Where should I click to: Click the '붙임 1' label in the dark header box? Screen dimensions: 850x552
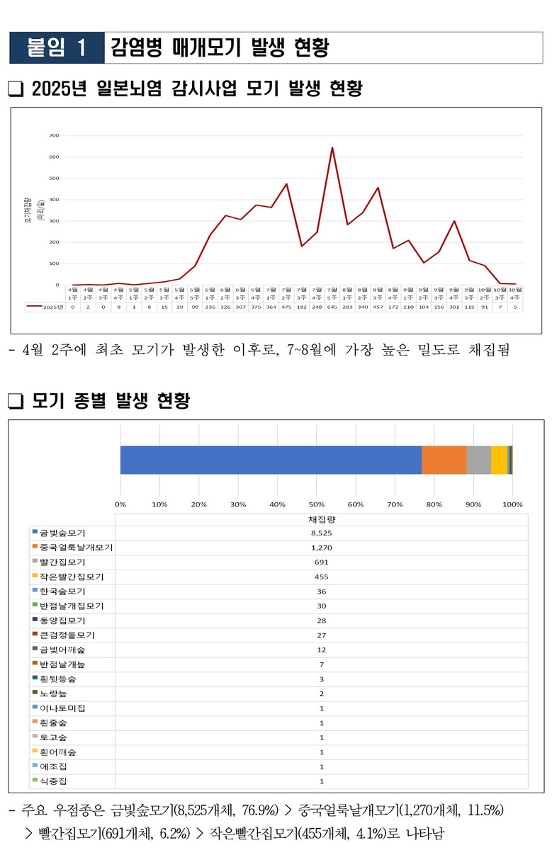(57, 47)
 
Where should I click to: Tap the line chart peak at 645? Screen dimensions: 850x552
(332, 147)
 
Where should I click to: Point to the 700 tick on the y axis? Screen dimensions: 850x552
(54, 135)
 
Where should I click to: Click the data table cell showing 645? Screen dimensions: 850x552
(332, 307)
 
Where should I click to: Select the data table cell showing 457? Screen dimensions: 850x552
(378, 307)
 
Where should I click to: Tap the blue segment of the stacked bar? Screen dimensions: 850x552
(271, 460)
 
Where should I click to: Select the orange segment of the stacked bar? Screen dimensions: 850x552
(444, 460)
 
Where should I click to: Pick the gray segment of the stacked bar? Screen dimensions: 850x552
(478, 460)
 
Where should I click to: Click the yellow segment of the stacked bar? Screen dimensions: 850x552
(499, 460)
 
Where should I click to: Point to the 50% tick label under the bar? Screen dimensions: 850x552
(316, 504)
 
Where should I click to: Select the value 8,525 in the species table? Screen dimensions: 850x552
(321, 533)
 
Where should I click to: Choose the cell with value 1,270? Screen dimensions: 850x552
(321, 548)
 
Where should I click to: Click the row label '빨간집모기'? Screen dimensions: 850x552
(63, 562)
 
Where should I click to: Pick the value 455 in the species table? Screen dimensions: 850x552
(321, 577)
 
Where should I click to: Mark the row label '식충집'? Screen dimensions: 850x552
(54, 781)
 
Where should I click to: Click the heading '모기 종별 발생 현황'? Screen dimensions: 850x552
(111, 401)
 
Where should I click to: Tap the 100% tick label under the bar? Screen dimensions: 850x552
(512, 504)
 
